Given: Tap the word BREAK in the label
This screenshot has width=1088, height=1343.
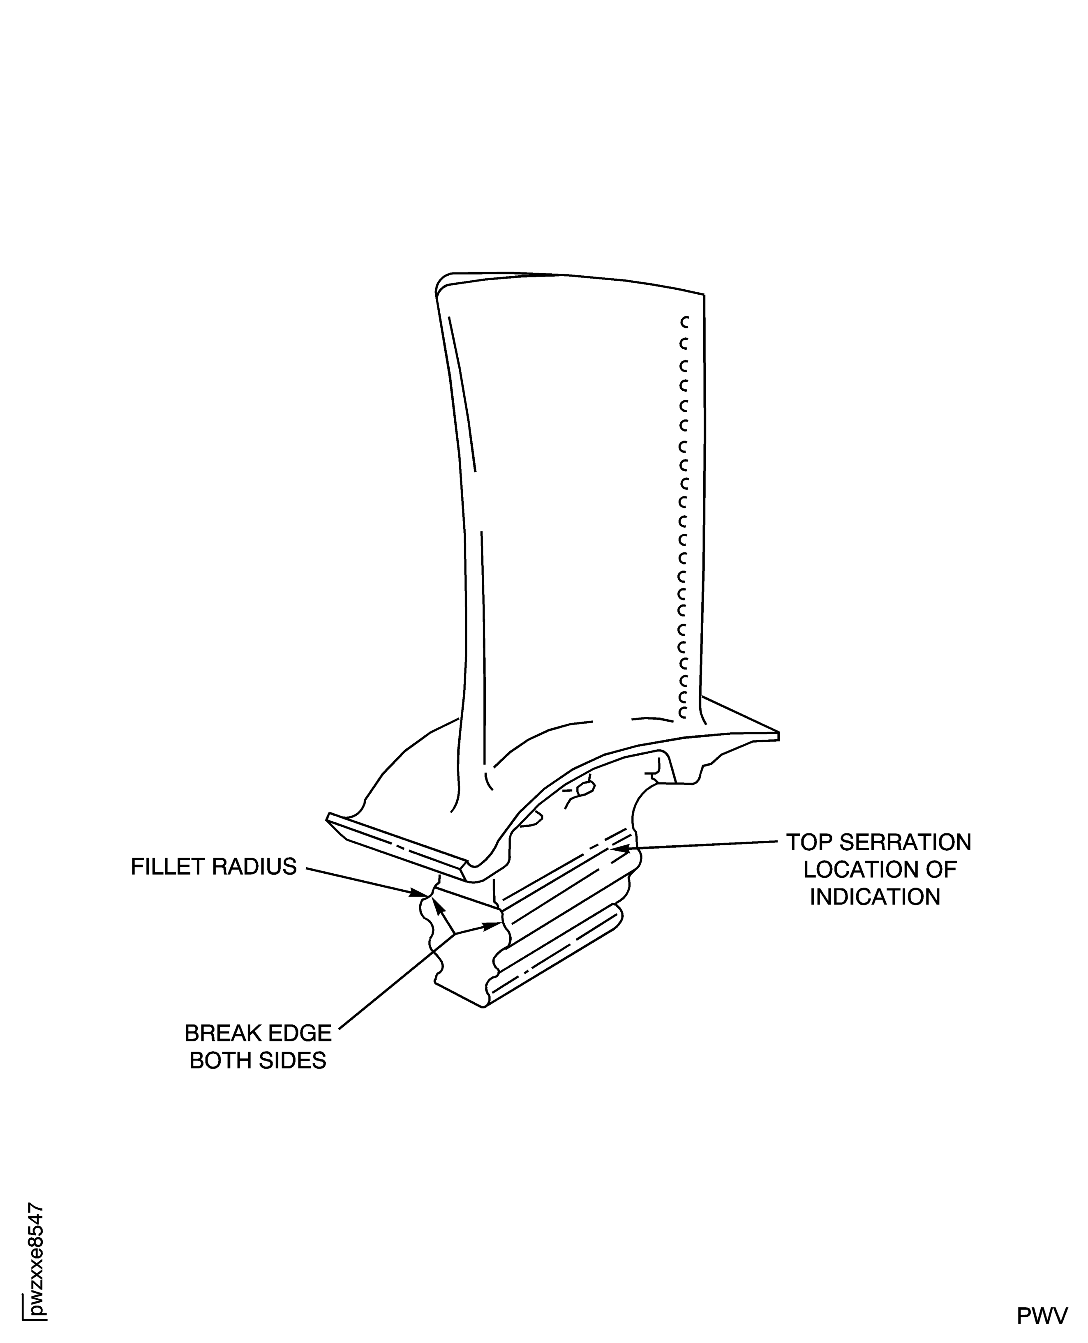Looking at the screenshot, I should click(221, 1034).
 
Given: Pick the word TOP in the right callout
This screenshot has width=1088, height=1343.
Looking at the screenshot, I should click(809, 843).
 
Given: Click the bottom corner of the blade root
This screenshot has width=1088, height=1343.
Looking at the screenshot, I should click(483, 1006).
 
